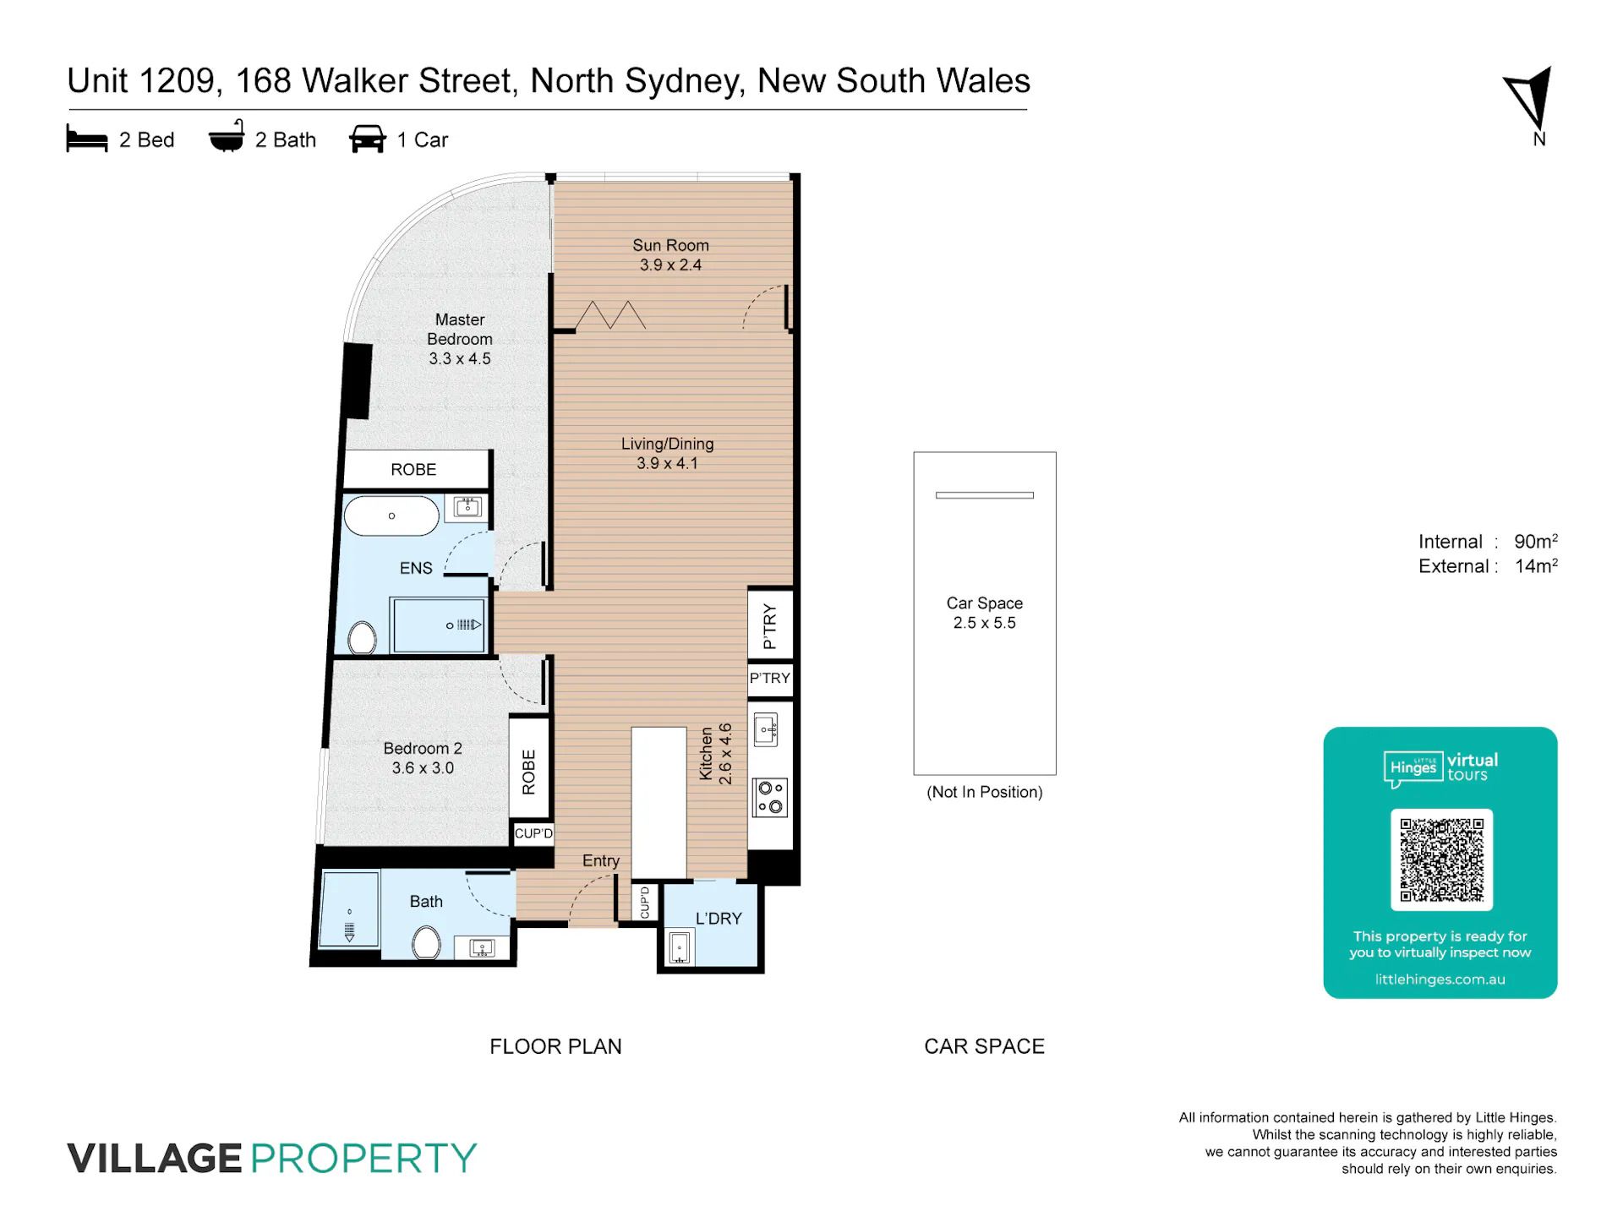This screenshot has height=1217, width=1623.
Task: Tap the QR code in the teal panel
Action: (x=1441, y=860)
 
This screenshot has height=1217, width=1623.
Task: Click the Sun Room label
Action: (x=670, y=245)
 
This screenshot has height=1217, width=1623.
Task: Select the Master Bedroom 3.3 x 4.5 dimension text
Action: (x=460, y=358)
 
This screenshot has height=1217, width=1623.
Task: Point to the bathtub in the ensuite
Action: (x=391, y=516)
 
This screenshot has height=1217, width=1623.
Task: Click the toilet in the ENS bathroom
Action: (x=362, y=638)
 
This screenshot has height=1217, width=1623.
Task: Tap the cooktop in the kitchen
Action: (x=770, y=798)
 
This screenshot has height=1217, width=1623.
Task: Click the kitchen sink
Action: (x=767, y=729)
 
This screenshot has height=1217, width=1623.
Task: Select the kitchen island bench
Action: (x=658, y=802)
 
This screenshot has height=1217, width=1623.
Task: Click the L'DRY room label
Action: (x=719, y=919)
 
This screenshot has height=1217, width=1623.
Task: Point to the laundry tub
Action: (x=680, y=948)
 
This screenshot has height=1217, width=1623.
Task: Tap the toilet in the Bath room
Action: (x=426, y=942)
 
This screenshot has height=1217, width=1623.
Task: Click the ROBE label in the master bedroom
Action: (x=413, y=470)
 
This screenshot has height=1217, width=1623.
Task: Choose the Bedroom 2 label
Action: (x=423, y=748)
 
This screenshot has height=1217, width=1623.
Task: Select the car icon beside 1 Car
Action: (x=368, y=139)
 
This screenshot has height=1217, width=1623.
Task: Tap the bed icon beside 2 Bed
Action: (x=87, y=139)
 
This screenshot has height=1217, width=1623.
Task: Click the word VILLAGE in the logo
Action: (x=155, y=1158)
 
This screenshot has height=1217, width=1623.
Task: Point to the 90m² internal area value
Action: (x=1536, y=541)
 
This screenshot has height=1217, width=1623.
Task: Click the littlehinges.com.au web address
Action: (x=1440, y=980)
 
